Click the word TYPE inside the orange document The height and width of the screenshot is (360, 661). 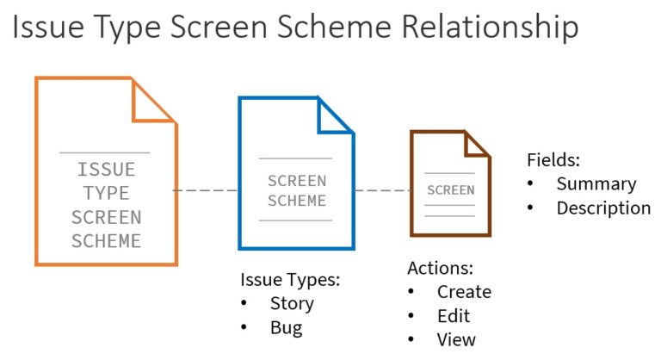(x=106, y=193)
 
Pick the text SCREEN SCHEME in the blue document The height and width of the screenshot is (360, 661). (x=297, y=190)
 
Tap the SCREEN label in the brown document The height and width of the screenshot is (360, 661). (x=450, y=190)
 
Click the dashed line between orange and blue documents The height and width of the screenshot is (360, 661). (x=207, y=189)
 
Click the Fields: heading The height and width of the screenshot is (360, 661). (x=554, y=160)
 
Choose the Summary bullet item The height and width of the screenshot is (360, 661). (x=596, y=183)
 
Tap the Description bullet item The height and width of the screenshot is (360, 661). (x=603, y=208)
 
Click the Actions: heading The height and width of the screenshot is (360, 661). (x=440, y=268)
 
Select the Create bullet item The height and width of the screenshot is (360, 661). (x=464, y=292)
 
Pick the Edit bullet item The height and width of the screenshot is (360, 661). (x=453, y=316)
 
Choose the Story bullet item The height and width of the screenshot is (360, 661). (x=292, y=303)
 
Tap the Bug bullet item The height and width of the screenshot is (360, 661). (x=286, y=327)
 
